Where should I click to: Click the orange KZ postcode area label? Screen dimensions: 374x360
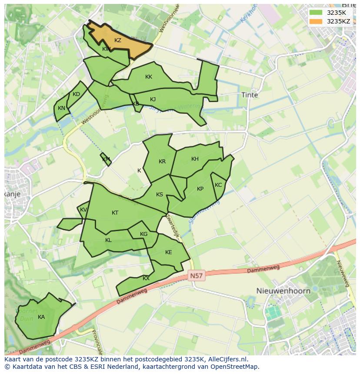(x=118, y=40)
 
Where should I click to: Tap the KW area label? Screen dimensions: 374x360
(x=106, y=49)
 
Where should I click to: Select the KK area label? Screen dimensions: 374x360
(x=149, y=77)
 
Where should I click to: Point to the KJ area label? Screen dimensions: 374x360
(x=153, y=99)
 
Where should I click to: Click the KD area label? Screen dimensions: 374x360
(x=77, y=94)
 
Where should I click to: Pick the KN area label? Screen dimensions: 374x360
(x=61, y=108)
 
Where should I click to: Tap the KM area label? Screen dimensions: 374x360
(x=106, y=159)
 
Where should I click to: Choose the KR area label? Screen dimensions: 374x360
(x=162, y=162)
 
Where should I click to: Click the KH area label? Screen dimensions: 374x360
(x=195, y=159)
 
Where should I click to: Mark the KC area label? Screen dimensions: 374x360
(x=218, y=185)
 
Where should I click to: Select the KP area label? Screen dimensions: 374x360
(x=200, y=189)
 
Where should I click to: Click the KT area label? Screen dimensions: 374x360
(x=115, y=213)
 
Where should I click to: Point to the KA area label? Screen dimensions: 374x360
(x=41, y=317)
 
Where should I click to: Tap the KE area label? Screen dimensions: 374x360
(x=169, y=252)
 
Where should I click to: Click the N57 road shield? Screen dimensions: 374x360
(x=197, y=276)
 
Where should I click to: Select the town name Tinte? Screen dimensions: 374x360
(x=250, y=95)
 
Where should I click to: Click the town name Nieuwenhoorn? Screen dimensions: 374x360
(x=283, y=291)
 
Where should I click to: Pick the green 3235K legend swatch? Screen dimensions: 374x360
(x=316, y=13)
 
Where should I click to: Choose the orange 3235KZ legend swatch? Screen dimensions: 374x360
(x=316, y=21)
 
